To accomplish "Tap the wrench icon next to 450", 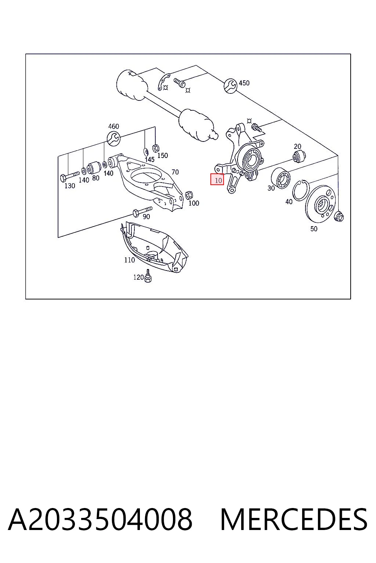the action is point(231,86).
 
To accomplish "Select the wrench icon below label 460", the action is point(113,138).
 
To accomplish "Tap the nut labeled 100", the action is point(189,195).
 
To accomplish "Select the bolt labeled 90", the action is point(142,211).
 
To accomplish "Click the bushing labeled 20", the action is point(299,155).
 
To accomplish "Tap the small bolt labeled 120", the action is point(148,276).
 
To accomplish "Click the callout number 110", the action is point(129,260).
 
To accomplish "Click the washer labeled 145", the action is point(146,151).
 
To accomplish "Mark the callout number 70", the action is point(175,172).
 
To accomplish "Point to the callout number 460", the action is point(113,126).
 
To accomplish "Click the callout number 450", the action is point(244,83).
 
